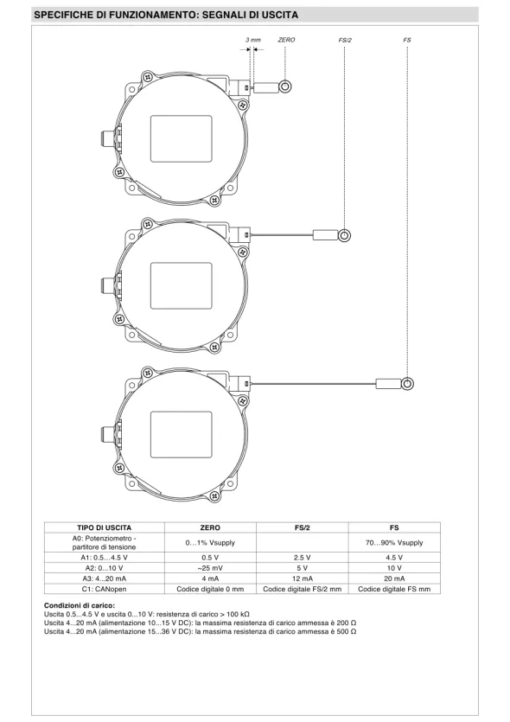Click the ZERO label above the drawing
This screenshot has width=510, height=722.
pos(286,40)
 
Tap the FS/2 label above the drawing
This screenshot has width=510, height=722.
pos(345,40)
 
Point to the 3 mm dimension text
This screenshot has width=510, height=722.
pos(252,40)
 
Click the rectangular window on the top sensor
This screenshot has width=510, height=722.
pos(182,138)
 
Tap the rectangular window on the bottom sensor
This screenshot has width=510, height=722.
pos(182,435)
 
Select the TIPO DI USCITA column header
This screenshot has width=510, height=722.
pos(104,527)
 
